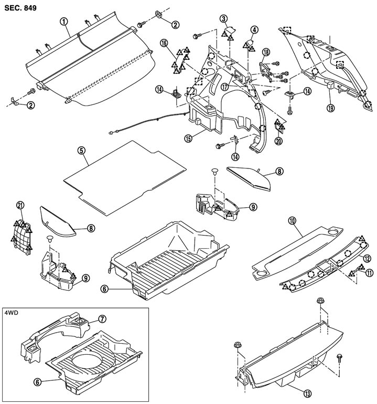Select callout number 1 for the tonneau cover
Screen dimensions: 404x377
tap(63, 22)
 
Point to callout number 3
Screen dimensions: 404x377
tap(224, 19)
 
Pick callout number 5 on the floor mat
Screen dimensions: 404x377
tap(81, 150)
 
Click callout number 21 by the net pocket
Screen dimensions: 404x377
tap(20, 204)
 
